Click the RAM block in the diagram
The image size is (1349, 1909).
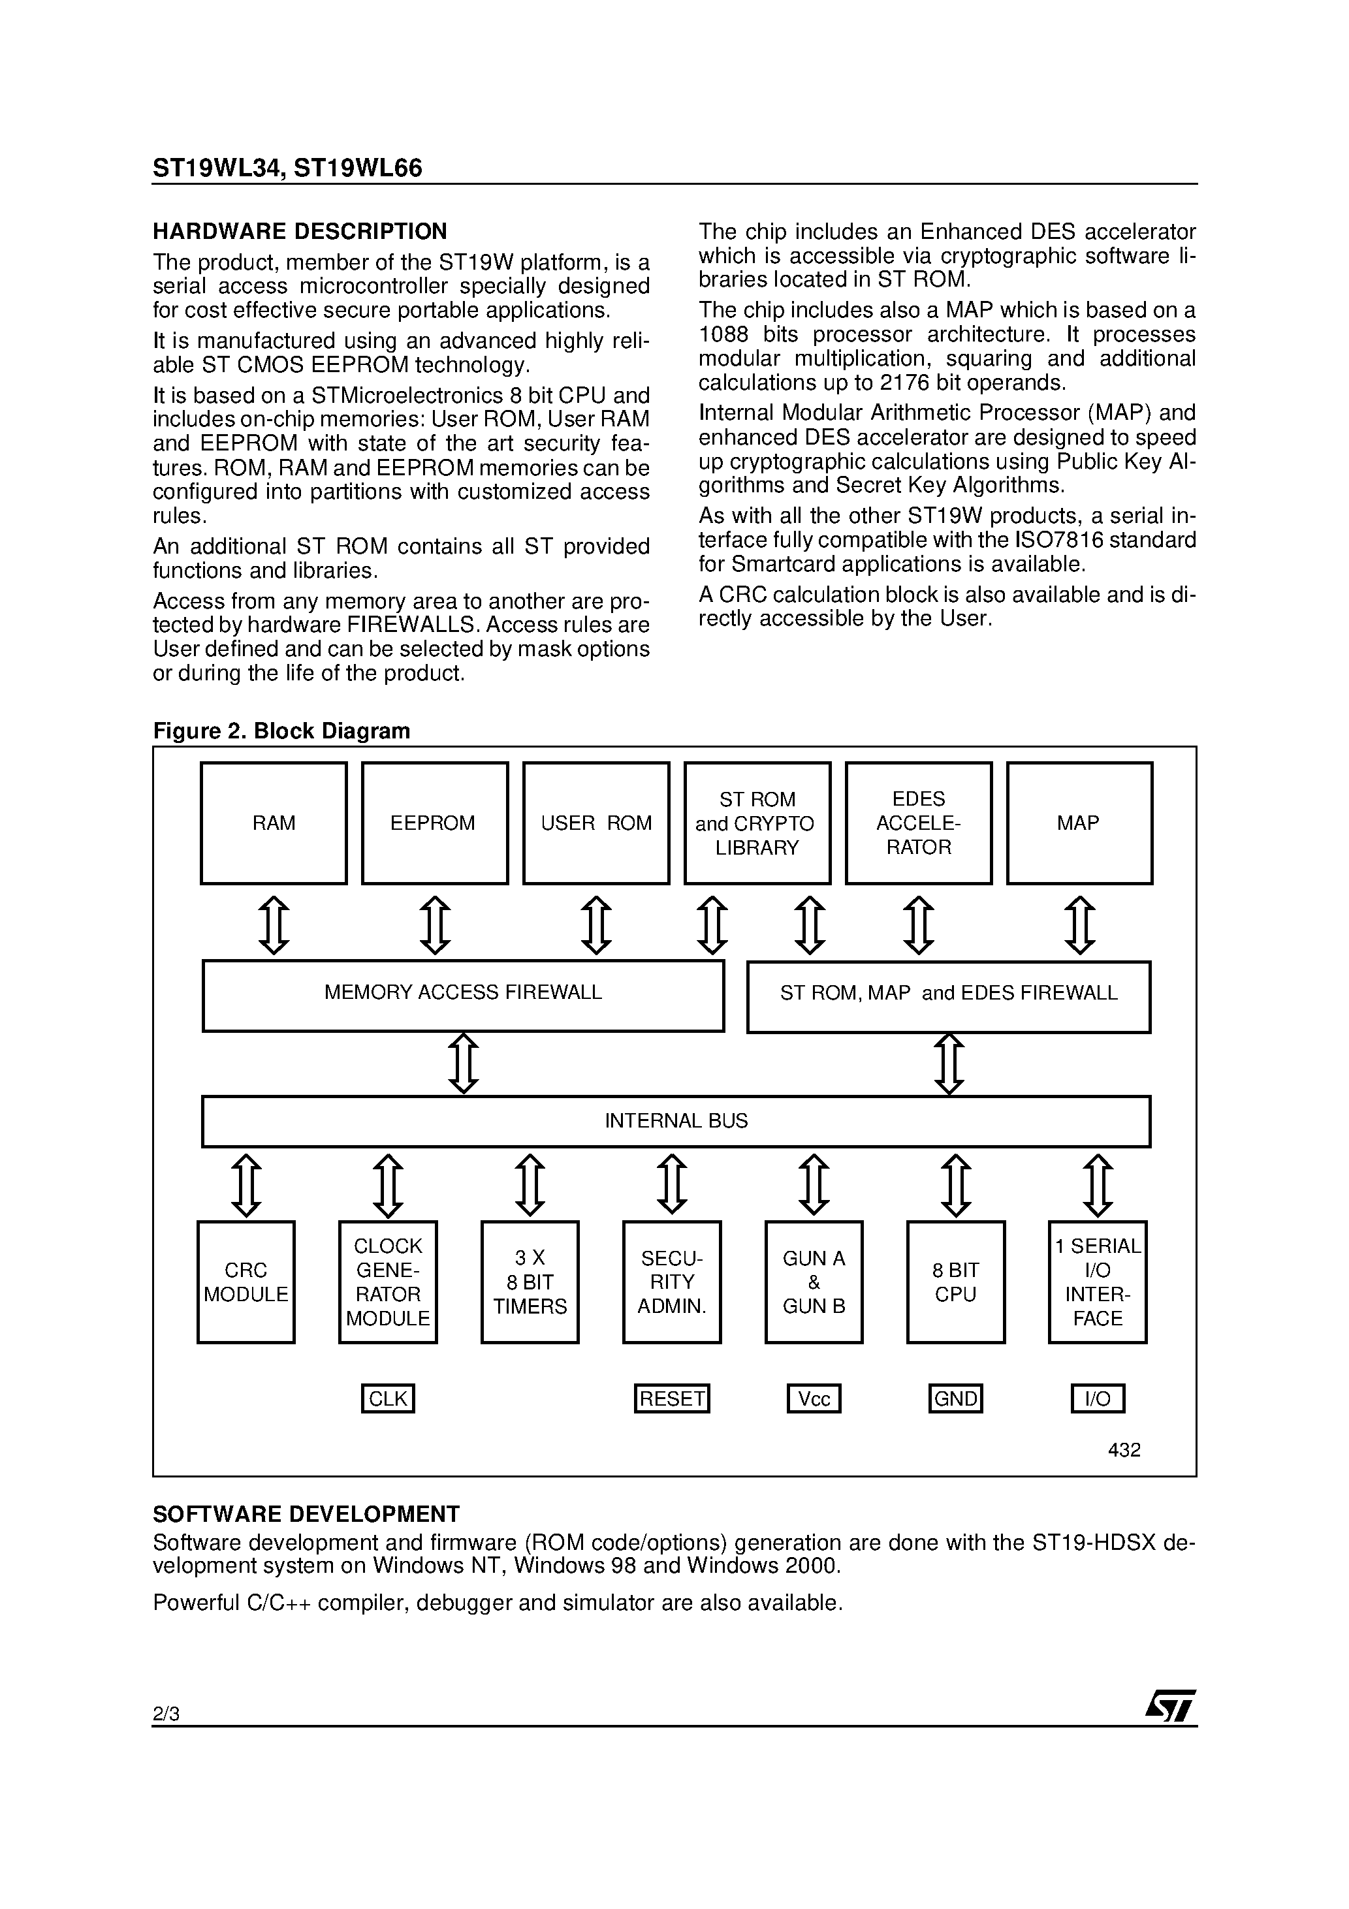pyautogui.click(x=274, y=823)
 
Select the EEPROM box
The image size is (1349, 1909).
pyautogui.click(x=434, y=823)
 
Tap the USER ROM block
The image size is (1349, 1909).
pyautogui.click(x=595, y=823)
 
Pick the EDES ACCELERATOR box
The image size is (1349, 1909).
pyautogui.click(x=918, y=823)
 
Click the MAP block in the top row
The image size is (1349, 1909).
pyautogui.click(x=1079, y=823)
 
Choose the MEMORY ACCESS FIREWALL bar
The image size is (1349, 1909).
pyautogui.click(x=463, y=995)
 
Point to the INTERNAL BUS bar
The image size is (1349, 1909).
pyautogui.click(x=676, y=1121)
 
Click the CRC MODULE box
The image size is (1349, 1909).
pyautogui.click(x=246, y=1282)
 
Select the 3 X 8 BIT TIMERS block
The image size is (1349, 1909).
pyautogui.click(x=530, y=1282)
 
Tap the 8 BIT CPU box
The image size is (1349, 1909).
pyautogui.click(x=956, y=1282)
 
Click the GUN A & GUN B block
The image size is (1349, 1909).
pyautogui.click(x=814, y=1282)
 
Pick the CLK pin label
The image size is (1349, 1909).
pyautogui.click(x=388, y=1398)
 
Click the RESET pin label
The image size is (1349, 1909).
pyautogui.click(x=671, y=1398)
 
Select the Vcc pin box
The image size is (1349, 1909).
pyautogui.click(x=814, y=1398)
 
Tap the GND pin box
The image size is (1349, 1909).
pyautogui.click(x=956, y=1398)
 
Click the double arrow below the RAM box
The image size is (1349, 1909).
pyautogui.click(x=274, y=924)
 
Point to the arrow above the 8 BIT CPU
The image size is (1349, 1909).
pyautogui.click(x=956, y=1185)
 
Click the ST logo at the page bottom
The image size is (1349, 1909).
pyautogui.click(x=1170, y=1708)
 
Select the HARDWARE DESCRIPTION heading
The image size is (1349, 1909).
pyautogui.click(x=300, y=231)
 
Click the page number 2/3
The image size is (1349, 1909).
pyautogui.click(x=167, y=1714)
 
